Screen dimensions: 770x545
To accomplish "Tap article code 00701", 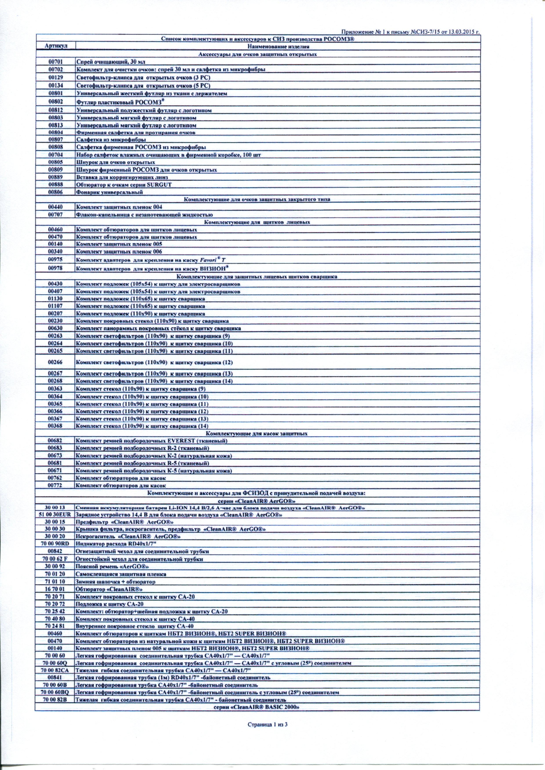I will click(x=56, y=62).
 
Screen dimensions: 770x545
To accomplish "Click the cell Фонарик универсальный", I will click(x=110, y=192).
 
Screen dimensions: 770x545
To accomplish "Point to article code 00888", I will click(x=56, y=185).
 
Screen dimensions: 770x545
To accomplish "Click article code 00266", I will click(x=56, y=363).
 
